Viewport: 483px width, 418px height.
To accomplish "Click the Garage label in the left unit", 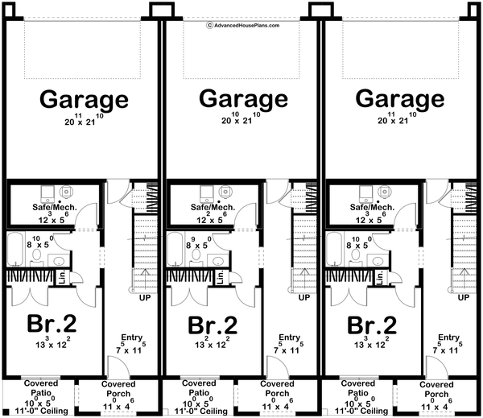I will coord(84,101).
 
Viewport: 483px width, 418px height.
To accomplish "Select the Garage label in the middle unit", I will coord(243,101).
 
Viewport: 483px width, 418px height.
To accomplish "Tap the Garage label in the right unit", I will coord(400,101).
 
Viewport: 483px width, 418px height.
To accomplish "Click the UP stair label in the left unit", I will coord(146,297).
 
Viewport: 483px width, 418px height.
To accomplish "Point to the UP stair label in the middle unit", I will coord(304,297).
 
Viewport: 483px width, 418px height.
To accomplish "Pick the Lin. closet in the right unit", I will coord(380,276).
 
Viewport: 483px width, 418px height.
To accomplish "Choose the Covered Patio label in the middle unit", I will coord(198,388).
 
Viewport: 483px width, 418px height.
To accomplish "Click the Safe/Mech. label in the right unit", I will coord(372,207).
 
